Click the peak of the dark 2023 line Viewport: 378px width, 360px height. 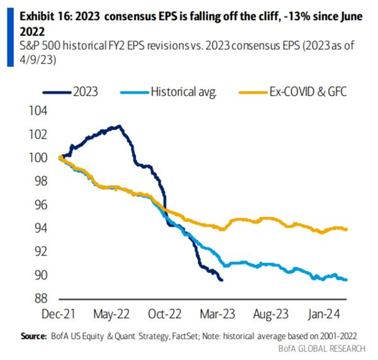point(119,126)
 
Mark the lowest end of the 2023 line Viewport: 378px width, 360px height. point(221,280)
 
